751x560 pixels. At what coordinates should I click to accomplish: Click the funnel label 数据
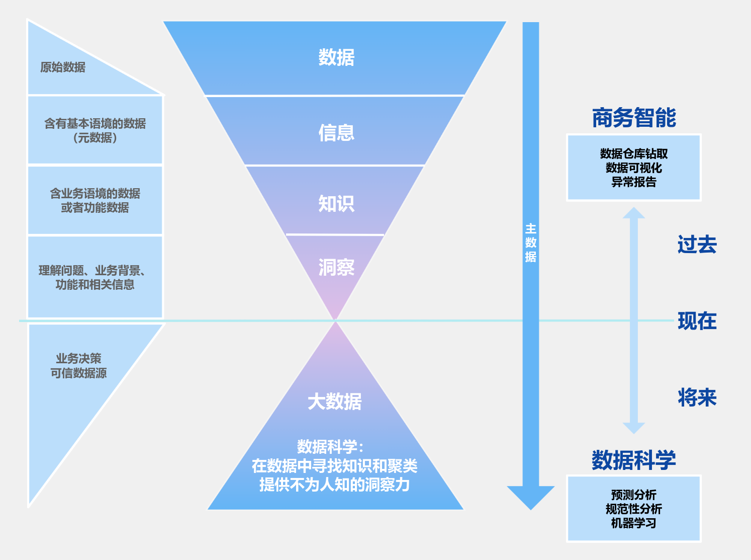[x=336, y=57]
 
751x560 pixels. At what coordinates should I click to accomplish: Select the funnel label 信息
[x=336, y=133]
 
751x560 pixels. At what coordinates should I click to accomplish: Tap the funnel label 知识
[x=336, y=204]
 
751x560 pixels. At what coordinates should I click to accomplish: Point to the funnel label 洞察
[x=336, y=267]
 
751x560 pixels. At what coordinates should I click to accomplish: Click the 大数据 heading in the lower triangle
[x=334, y=402]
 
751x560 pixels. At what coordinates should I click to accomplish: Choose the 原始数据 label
[x=63, y=67]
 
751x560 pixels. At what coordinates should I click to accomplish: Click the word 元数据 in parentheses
[x=95, y=138]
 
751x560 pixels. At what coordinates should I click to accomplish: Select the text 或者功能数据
[x=95, y=208]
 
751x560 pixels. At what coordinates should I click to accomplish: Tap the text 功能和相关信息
[x=95, y=285]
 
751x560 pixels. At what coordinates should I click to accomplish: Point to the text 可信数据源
[x=78, y=373]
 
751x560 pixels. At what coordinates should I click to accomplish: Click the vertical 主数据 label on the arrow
[x=531, y=243]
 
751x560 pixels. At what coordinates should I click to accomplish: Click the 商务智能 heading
[x=634, y=118]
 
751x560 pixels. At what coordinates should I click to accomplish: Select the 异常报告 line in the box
[x=634, y=182]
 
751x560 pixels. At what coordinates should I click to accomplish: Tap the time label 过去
[x=697, y=245]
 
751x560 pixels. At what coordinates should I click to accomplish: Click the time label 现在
[x=697, y=321]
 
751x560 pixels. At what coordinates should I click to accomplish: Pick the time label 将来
[x=697, y=397]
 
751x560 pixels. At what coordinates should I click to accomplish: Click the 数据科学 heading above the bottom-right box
[x=633, y=460]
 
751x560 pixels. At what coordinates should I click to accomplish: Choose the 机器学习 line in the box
[x=633, y=523]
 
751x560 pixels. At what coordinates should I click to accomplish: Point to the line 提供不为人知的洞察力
[x=334, y=485]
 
